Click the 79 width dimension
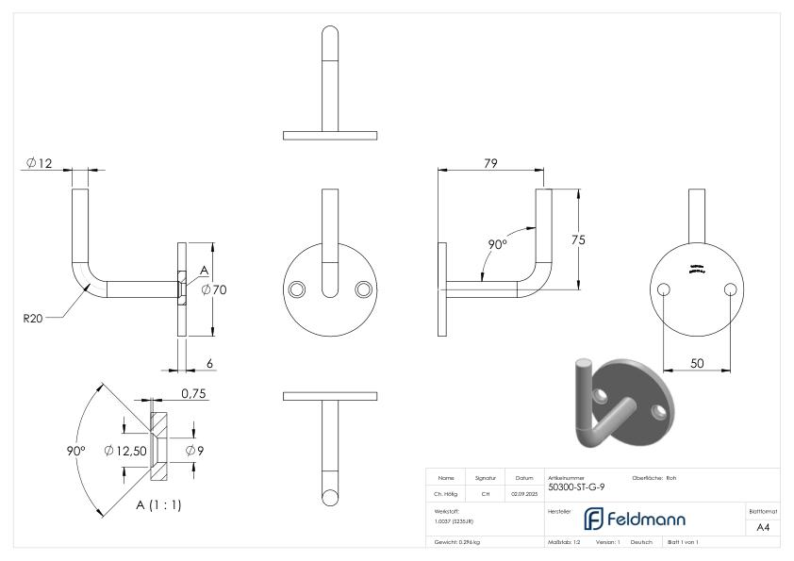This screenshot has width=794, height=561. click(x=490, y=164)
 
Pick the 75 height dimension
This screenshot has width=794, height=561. click(x=578, y=240)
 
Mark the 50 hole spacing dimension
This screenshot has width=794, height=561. click(x=699, y=362)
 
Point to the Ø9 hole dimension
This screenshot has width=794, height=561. click(x=194, y=451)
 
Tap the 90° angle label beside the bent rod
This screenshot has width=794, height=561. click(x=497, y=244)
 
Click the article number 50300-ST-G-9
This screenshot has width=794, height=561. click(x=577, y=487)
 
